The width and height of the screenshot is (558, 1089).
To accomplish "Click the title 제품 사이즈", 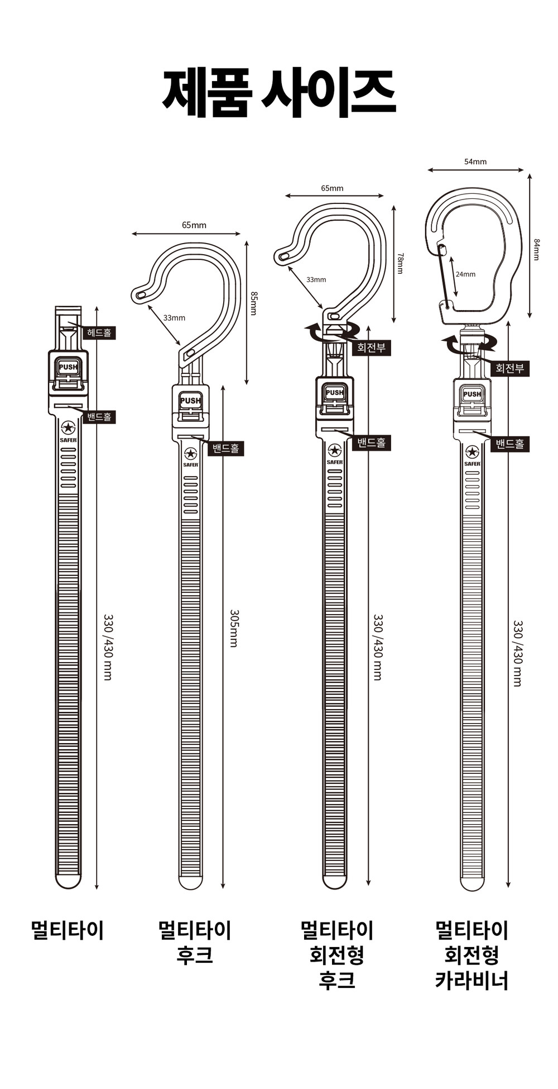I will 279,93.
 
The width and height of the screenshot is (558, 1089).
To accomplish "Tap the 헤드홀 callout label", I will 99,333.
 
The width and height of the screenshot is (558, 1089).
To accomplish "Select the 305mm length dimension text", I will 234,628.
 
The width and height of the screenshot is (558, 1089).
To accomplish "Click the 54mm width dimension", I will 475,161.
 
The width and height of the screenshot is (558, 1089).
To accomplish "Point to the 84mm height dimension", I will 536,249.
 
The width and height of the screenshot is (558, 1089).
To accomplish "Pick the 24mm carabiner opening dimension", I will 465,274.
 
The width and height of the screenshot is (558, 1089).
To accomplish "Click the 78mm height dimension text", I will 400,263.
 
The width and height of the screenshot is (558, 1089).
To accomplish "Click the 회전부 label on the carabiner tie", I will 509,368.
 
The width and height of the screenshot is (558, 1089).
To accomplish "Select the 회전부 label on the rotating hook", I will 371,348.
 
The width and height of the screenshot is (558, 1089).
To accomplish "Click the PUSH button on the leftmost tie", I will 68,367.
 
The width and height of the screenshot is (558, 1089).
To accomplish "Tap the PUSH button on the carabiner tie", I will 472,394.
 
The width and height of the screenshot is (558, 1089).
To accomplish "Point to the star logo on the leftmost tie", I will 68,428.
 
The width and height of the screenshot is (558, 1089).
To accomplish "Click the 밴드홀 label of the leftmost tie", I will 99,416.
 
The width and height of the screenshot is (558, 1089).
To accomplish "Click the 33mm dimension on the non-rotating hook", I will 174,318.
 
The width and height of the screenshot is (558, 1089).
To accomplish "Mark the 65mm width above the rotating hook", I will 332,188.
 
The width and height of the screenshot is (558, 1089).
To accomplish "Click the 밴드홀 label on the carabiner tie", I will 510,444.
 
